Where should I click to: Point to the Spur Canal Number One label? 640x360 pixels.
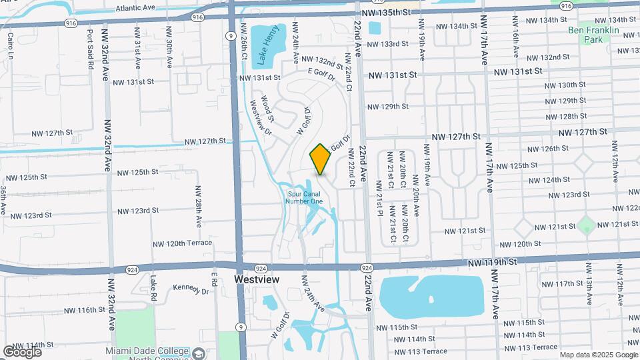tap(304, 197)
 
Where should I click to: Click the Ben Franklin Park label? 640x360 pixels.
tap(593, 35)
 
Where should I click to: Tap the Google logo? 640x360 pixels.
tap(22, 351)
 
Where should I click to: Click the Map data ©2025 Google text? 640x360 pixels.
tap(598, 355)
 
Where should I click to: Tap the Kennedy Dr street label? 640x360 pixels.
tap(192, 289)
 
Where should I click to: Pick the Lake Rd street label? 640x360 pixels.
tap(153, 289)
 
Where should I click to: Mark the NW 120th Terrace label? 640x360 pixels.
tap(182, 244)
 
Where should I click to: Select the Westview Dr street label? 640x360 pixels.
tap(260, 117)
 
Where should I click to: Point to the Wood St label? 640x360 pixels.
tap(267, 107)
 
